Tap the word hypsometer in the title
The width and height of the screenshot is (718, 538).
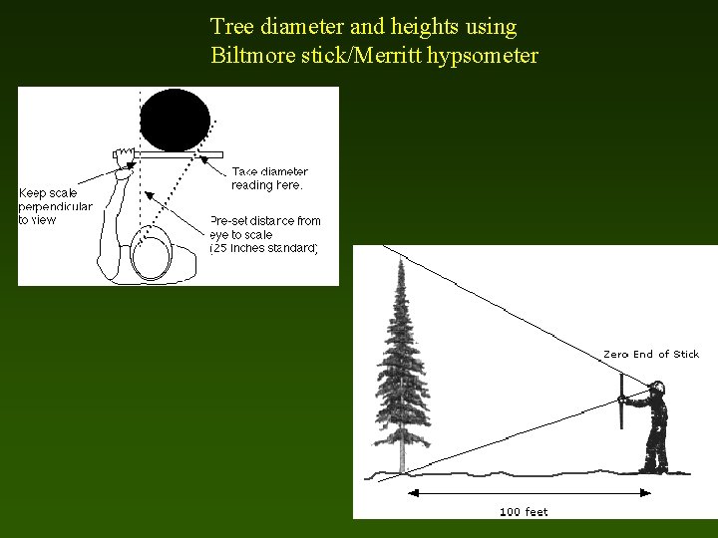pos(483,56)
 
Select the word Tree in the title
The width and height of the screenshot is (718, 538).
pos(229,26)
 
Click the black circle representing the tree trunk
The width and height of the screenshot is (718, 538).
pos(176,119)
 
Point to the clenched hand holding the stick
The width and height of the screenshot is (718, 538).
pos(125,156)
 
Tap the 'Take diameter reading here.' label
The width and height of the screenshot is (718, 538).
pos(269,178)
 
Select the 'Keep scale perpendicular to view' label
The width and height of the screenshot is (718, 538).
pos(55,206)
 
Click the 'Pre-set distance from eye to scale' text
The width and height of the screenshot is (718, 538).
pos(265,234)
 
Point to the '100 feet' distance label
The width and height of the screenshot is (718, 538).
pos(524,512)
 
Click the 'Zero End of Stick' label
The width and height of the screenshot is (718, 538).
pos(650,354)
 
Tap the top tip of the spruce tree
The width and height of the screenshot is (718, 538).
pos(401,262)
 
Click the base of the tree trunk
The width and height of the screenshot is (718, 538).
pos(402,466)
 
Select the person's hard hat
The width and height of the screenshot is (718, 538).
pos(657,386)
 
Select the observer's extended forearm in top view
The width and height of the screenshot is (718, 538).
pos(119,214)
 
